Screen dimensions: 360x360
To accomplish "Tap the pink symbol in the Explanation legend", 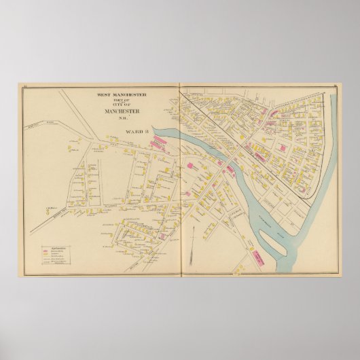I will pyautogui.click(x=48, y=251).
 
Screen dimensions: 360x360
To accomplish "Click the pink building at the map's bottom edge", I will pyautogui.click(x=259, y=256).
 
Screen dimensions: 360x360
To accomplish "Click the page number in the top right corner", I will pyautogui.click(x=336, y=84).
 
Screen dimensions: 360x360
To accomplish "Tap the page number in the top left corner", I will pyautogui.click(x=24, y=84).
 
